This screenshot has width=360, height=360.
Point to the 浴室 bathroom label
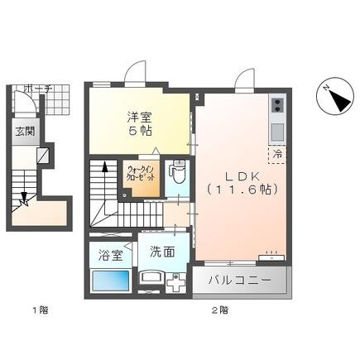(111, 255)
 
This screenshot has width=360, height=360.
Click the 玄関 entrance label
(24, 132)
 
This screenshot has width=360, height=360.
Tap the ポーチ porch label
(38, 89)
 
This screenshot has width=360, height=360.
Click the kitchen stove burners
(277, 105)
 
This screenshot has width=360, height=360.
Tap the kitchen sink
(277, 131)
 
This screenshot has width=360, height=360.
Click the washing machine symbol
(176, 282)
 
